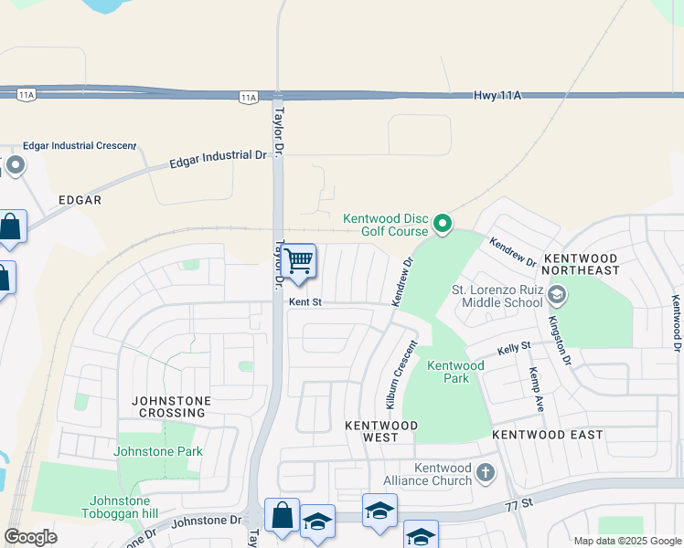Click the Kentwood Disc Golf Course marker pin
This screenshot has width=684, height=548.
click(443, 223)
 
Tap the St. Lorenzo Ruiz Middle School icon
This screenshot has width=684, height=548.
click(558, 295)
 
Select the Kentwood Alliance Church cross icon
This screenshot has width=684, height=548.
click(486, 473)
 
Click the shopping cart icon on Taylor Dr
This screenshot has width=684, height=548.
click(298, 261)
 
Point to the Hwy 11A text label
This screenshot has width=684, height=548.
click(497, 95)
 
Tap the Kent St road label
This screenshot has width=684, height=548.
click(306, 300)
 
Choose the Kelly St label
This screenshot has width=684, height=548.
click(514, 347)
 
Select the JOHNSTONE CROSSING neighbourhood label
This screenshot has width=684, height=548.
click(171, 406)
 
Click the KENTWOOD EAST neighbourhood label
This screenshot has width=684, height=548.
click(548, 435)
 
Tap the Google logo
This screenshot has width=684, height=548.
click(30, 536)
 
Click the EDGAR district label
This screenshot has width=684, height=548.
click(80, 199)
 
